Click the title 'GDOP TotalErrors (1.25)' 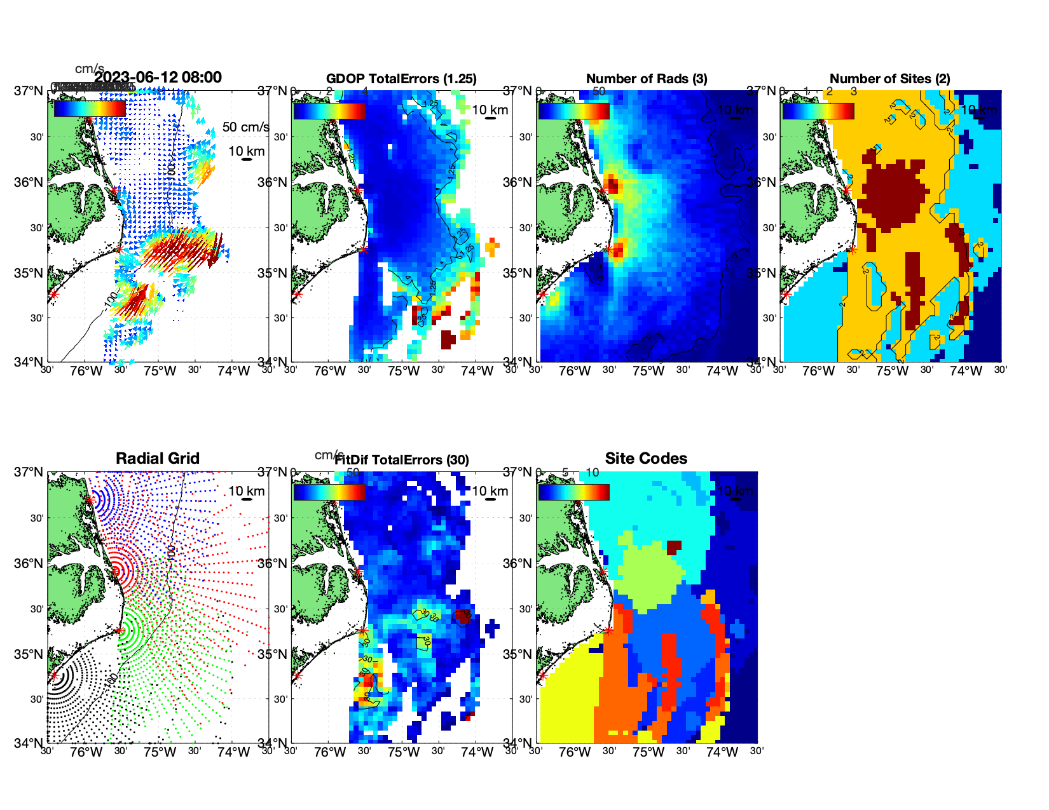click(401, 79)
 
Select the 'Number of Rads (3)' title click(646, 79)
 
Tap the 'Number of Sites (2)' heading click(889, 79)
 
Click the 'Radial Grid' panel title click(158, 459)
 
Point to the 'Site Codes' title click(646, 459)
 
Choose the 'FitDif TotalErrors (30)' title click(402, 460)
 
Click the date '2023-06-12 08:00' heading click(158, 78)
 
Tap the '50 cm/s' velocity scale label click(245, 127)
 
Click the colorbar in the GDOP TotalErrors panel click(329, 111)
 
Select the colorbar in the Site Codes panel click(573, 492)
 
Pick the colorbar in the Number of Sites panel click(818, 111)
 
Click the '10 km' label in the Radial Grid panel click(246, 491)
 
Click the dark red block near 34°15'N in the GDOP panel click(448, 339)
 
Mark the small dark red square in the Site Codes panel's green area click(674, 546)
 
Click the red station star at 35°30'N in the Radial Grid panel click(119, 630)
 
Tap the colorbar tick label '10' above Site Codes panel click(592, 473)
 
